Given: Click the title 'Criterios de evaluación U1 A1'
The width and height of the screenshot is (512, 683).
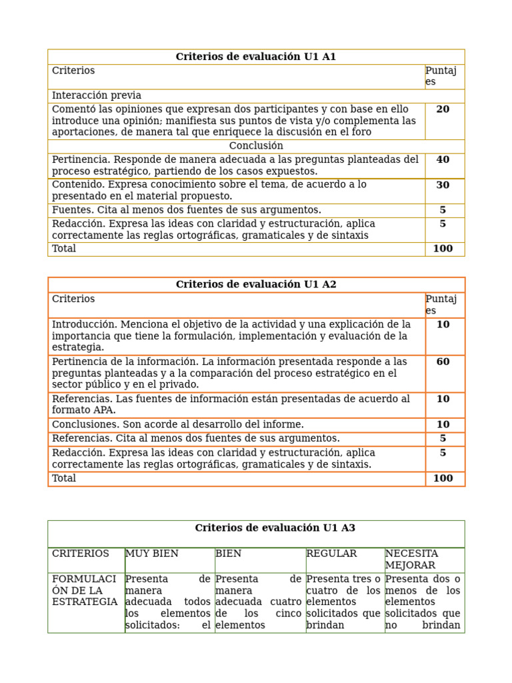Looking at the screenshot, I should [x=256, y=57].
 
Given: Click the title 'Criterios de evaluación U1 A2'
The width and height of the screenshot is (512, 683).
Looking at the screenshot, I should [x=256, y=285].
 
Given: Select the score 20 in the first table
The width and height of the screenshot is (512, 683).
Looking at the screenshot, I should [x=443, y=109].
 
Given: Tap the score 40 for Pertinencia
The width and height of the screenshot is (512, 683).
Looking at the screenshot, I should [x=443, y=160].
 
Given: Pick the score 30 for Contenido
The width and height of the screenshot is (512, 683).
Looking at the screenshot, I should [x=443, y=185].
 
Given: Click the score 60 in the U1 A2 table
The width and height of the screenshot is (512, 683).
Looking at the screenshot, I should [x=443, y=362].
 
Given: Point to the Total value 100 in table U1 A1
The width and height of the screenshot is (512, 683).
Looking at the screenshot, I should [x=443, y=249].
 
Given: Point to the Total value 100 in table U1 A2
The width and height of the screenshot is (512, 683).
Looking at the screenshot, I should [x=443, y=478].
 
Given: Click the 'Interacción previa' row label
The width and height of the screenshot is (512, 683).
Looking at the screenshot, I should [x=97, y=96].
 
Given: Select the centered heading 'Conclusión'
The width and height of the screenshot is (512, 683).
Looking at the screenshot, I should [x=256, y=146].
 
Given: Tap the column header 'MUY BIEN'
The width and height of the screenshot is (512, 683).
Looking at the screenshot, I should [x=152, y=554].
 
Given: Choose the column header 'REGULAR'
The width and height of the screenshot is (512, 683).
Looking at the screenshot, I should [x=331, y=554].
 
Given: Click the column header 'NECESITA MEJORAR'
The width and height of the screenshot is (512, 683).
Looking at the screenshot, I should [x=411, y=560].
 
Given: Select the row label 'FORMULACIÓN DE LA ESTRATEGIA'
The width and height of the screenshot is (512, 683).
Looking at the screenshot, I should [x=85, y=590].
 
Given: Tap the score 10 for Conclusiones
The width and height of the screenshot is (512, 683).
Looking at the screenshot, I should [x=443, y=425].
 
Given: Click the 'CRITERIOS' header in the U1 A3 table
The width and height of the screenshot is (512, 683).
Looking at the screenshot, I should [x=81, y=554].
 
